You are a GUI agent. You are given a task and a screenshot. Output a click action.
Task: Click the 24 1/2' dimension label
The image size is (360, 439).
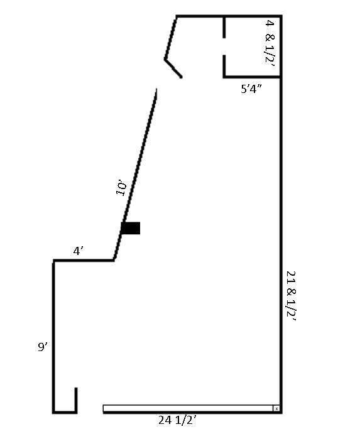point(177,420)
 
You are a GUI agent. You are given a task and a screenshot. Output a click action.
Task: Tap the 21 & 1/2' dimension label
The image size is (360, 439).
point(291,296)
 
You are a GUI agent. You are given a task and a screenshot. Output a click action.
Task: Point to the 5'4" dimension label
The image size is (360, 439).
point(251,89)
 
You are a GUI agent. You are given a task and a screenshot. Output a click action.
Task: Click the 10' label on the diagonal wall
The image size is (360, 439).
point(121,188)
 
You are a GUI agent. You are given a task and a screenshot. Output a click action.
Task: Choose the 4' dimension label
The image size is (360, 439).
point(78,251)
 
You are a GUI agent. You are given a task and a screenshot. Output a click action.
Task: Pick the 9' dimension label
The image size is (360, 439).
point(43,347)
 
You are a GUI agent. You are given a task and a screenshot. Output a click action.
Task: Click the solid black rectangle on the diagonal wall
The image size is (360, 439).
point(131,228)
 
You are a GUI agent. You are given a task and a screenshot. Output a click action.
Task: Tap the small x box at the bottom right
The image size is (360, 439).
point(276,408)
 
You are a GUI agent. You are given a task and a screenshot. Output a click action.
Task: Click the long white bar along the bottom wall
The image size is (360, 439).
point(188,408)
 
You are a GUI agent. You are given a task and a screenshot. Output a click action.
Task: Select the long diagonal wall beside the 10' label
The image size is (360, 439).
point(135,174)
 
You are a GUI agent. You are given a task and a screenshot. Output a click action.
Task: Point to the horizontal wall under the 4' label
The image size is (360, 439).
point(83,261)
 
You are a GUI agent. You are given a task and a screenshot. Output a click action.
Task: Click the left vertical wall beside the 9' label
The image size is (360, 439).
point(53,337)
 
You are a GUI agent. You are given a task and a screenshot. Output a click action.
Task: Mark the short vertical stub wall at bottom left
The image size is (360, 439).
point(76,400)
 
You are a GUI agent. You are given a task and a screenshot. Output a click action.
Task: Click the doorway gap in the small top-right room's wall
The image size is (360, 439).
point(224,46)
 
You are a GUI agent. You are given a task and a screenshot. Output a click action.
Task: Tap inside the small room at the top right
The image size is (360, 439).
point(252,46)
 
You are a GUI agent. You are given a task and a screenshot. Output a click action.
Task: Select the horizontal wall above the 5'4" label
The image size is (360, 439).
point(252,77)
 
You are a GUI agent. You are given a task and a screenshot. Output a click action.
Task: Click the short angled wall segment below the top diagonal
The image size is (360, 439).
point(173,68)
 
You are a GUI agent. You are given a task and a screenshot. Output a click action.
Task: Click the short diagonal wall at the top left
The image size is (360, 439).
point(170,38)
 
